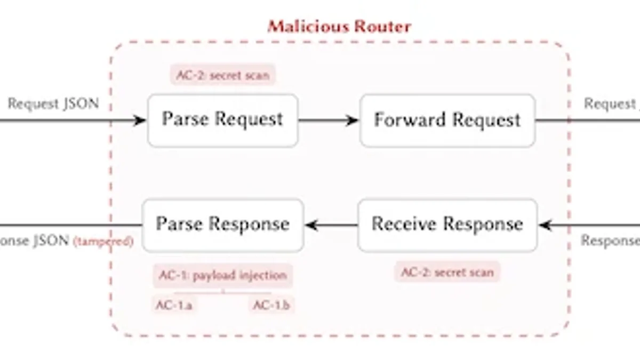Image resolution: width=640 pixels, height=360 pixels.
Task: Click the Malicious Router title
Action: pyautogui.click(x=339, y=26)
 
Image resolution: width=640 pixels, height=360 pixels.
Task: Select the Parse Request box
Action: pyautogui.click(x=222, y=120)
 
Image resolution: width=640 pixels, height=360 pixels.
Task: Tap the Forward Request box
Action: pyautogui.click(x=447, y=120)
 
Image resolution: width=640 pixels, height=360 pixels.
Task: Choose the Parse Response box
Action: pyautogui.click(x=222, y=225)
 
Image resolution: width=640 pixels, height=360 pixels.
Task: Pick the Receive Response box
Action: pyautogui.click(x=447, y=225)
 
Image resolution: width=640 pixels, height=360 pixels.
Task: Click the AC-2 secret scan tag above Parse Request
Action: pyautogui.click(x=223, y=75)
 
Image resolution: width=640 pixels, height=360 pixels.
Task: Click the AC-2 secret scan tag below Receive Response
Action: pyautogui.click(x=447, y=273)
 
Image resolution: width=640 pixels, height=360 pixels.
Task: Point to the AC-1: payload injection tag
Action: pyautogui.click(x=223, y=276)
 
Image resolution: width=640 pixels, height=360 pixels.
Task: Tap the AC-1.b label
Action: pyautogui.click(x=271, y=306)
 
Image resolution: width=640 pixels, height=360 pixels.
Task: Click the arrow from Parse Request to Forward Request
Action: pyautogui.click(x=327, y=120)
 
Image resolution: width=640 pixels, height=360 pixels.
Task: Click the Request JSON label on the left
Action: pyautogui.click(x=53, y=103)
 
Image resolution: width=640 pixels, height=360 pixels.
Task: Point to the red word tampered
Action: pyautogui.click(x=103, y=242)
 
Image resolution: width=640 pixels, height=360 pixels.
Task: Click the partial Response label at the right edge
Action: pyautogui.click(x=610, y=241)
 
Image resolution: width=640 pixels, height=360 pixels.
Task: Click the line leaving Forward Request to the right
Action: pyautogui.click(x=587, y=121)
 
